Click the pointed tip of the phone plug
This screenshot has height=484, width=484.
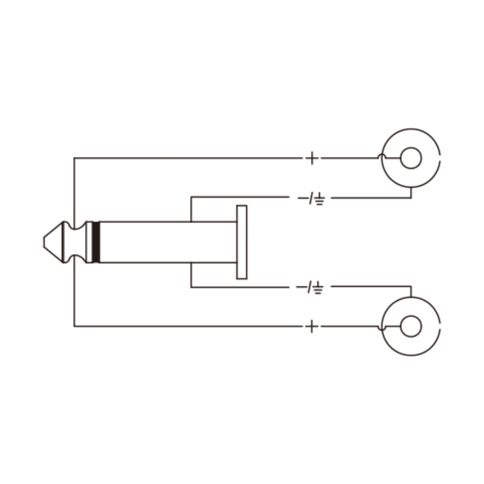(x=44, y=242)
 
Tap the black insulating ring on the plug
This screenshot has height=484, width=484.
(x=96, y=242)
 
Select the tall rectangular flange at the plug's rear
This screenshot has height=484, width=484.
(x=242, y=242)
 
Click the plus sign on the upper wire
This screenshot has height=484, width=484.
(x=312, y=158)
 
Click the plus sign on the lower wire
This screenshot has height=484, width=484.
(x=312, y=326)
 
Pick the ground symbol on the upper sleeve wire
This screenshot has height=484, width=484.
(x=320, y=199)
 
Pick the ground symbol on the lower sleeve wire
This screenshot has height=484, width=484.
(x=318, y=288)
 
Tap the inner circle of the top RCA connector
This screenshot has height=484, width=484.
(x=411, y=158)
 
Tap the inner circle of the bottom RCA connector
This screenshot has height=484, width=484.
(x=411, y=326)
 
